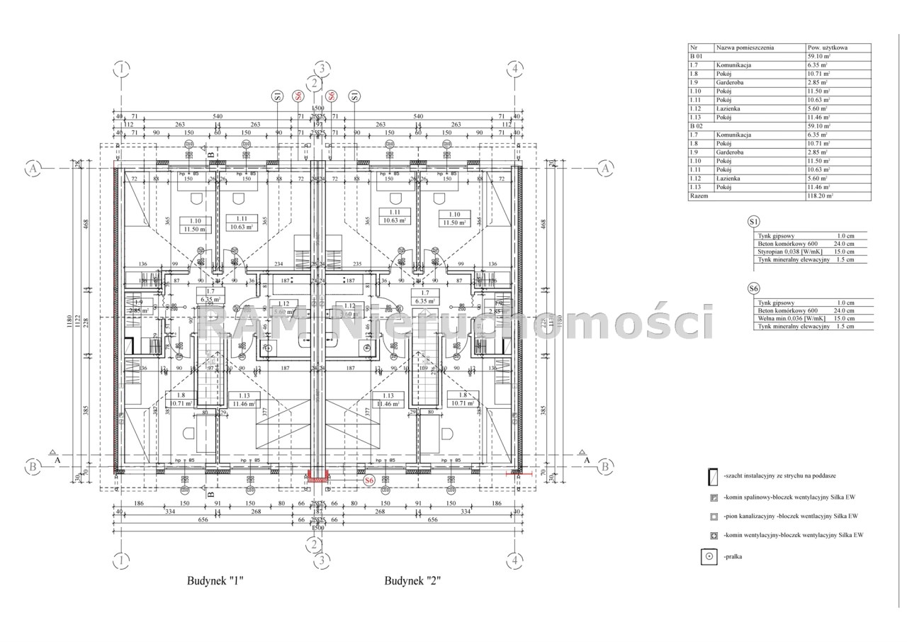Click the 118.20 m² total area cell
click(x=818, y=196)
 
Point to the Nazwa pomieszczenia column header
click(x=745, y=48)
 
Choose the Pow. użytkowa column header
click(x=827, y=48)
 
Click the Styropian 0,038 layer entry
click(x=789, y=251)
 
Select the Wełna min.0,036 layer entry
click(x=789, y=319)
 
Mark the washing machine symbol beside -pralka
click(x=708, y=558)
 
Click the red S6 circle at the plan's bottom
click(x=368, y=481)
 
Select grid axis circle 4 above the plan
click(x=515, y=69)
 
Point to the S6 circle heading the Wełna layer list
click(x=755, y=289)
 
